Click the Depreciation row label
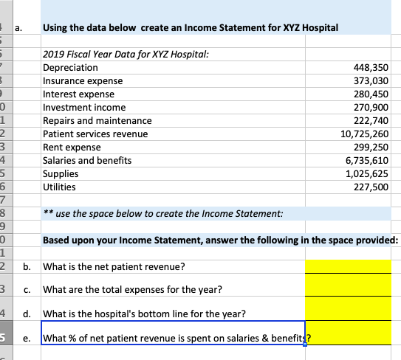[72, 67]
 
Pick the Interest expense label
[79, 94]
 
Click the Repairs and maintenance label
[97, 121]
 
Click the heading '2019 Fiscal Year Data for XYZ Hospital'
[126, 55]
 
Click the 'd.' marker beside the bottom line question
[27, 314]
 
